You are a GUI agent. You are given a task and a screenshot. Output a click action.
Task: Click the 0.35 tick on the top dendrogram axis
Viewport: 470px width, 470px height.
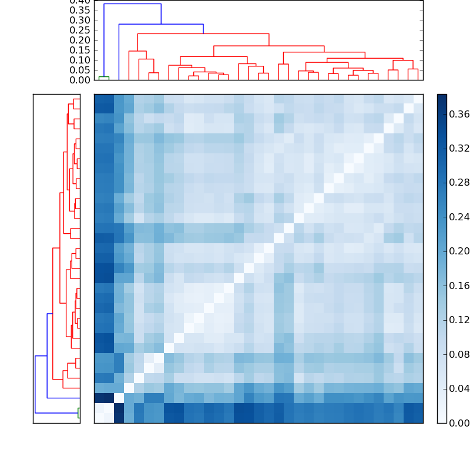[80, 11]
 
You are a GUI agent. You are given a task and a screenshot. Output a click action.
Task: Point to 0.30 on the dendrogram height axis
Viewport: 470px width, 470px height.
[80, 21]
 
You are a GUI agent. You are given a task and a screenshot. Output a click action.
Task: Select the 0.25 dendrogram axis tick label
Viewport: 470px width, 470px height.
[80, 31]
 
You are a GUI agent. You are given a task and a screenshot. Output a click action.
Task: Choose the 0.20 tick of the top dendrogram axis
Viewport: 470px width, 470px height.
[80, 41]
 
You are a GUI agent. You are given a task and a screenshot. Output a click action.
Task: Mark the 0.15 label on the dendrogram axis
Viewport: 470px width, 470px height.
[80, 51]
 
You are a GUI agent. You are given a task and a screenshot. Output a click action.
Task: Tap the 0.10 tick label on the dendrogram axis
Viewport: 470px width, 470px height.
[80, 61]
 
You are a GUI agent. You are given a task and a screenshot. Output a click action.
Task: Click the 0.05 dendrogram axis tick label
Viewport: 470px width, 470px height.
[80, 70]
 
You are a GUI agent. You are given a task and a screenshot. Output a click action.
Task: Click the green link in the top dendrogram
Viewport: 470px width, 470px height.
[104, 77]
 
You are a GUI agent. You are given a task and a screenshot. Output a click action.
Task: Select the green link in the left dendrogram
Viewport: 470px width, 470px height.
[78, 413]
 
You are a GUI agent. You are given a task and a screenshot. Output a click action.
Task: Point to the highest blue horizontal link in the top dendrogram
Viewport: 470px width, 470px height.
[132, 4]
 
